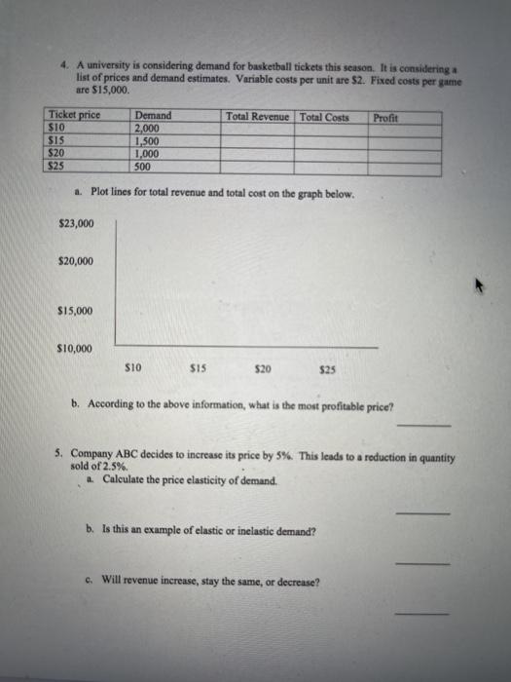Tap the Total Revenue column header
click(x=257, y=117)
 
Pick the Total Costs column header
click(x=324, y=117)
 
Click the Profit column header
click(x=386, y=117)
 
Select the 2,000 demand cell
click(x=148, y=129)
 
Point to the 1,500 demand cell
click(x=148, y=140)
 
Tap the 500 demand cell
click(x=144, y=165)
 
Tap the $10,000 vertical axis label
click(x=76, y=348)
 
